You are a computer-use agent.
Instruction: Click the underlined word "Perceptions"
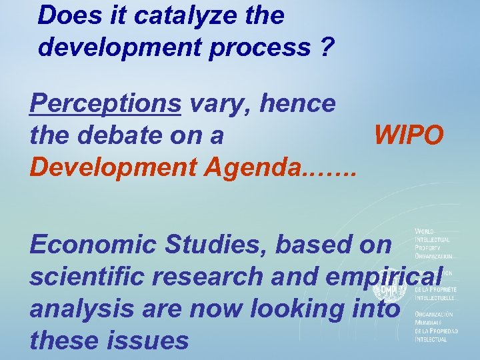click(105, 104)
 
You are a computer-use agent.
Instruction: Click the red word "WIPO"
click(408, 135)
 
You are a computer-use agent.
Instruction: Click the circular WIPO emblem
click(389, 288)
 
